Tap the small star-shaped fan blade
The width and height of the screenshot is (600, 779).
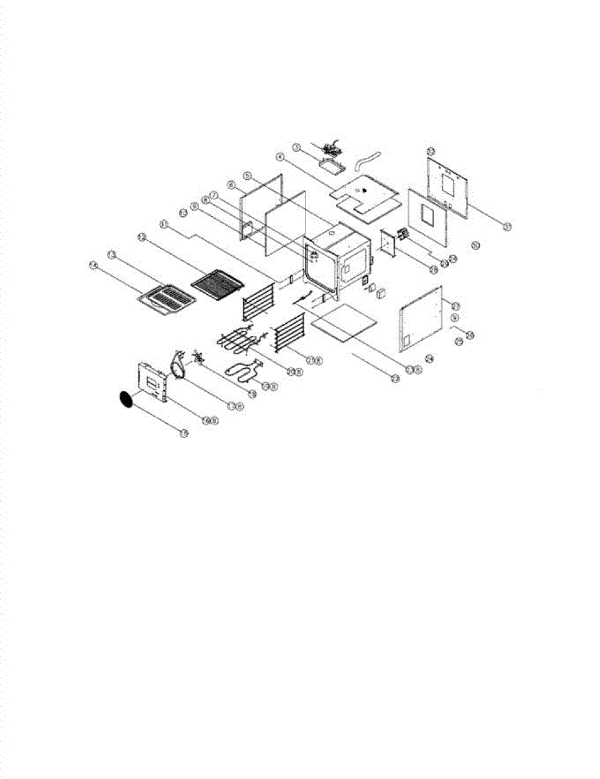(x=197, y=356)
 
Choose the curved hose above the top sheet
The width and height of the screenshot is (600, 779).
(x=368, y=156)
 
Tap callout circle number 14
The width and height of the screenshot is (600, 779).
(x=93, y=265)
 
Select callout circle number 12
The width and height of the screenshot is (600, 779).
(x=142, y=238)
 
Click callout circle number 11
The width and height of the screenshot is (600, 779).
(x=164, y=224)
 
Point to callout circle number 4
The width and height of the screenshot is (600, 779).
(x=280, y=156)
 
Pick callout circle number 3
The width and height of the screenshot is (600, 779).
(x=296, y=148)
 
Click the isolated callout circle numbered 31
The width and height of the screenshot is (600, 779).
(x=475, y=245)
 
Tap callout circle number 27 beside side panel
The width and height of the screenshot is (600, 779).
(x=455, y=306)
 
